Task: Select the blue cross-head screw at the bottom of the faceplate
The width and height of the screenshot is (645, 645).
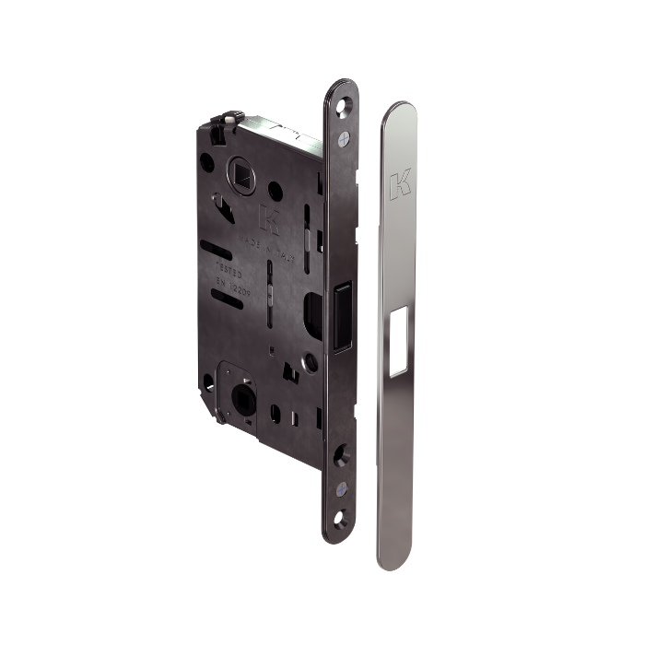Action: [343, 486]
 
